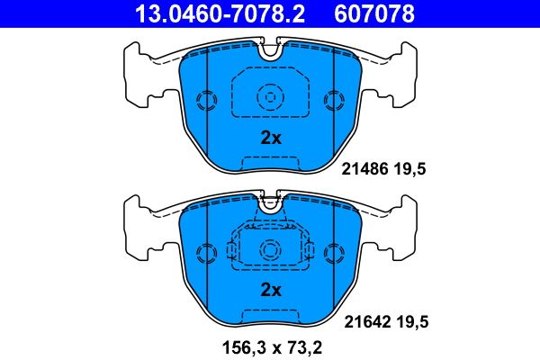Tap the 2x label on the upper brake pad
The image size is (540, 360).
click(x=271, y=139)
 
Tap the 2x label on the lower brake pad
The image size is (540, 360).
click(x=271, y=290)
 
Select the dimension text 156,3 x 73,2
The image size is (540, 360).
click(x=271, y=346)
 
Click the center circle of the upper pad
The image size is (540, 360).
click(x=270, y=97)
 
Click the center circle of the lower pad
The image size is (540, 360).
click(x=270, y=248)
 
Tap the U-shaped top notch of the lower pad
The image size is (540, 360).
click(x=270, y=202)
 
